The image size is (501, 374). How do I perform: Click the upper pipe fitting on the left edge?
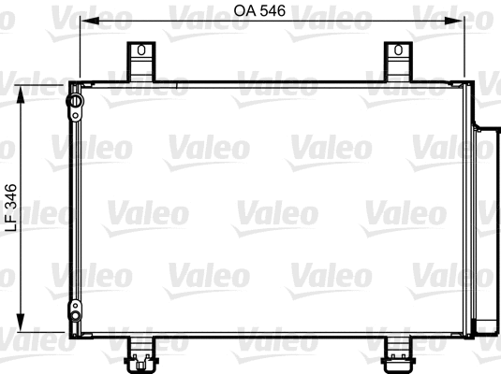pos(73,102)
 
